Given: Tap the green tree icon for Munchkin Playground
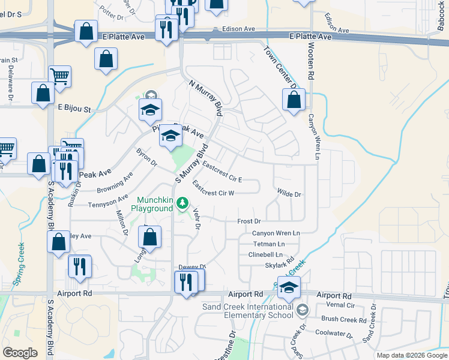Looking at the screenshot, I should point(182,205).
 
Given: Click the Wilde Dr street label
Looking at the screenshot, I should point(289,194).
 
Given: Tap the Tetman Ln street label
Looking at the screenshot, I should point(268,244).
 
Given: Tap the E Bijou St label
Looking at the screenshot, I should point(74,109).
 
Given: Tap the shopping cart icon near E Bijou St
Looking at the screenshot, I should point(60,76).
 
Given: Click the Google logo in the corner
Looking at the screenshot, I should point(20,353).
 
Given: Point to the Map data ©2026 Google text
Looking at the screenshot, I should point(411,355).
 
